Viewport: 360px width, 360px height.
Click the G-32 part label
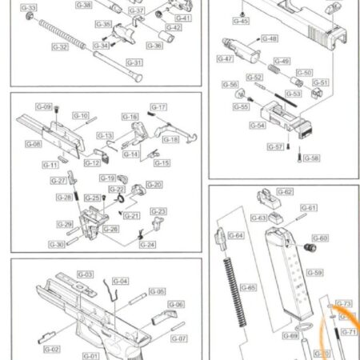pyautogui.click(x=59, y=47)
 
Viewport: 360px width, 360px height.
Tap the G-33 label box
pyautogui.click(x=28, y=8)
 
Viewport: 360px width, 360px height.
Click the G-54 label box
pyautogui.click(x=258, y=125)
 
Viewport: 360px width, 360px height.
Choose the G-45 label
pyautogui.click(x=241, y=21)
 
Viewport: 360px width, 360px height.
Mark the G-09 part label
pyautogui.click(x=43, y=106)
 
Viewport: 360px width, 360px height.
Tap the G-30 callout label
pyautogui.click(x=57, y=244)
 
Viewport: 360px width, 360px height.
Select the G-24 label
pyautogui.click(x=146, y=244)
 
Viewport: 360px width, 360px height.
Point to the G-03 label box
pyautogui.click(x=86, y=274)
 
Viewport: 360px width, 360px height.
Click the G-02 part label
pyautogui.click(x=51, y=350)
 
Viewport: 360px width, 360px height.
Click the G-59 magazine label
pyautogui.click(x=314, y=273)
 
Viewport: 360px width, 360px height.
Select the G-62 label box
pyautogui.click(x=285, y=192)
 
